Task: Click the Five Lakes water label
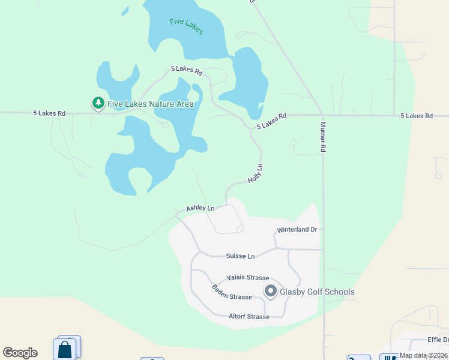point(187,26)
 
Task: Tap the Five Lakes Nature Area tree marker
point(98,103)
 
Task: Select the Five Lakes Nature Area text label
point(151,104)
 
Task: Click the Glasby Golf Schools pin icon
point(270,292)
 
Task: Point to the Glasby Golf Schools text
point(317,292)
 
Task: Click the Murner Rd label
point(323,137)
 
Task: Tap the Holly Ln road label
point(256,173)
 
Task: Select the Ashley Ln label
point(200,208)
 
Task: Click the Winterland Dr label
point(297,230)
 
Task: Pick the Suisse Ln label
point(240,256)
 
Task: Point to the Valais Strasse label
point(247,278)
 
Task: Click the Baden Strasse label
point(231,293)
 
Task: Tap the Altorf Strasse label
point(249,316)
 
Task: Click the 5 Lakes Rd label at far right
point(417,116)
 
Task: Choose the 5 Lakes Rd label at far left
point(49,113)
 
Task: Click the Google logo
point(20,353)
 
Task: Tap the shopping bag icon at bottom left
point(64,350)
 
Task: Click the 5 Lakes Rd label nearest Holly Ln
point(272,121)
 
